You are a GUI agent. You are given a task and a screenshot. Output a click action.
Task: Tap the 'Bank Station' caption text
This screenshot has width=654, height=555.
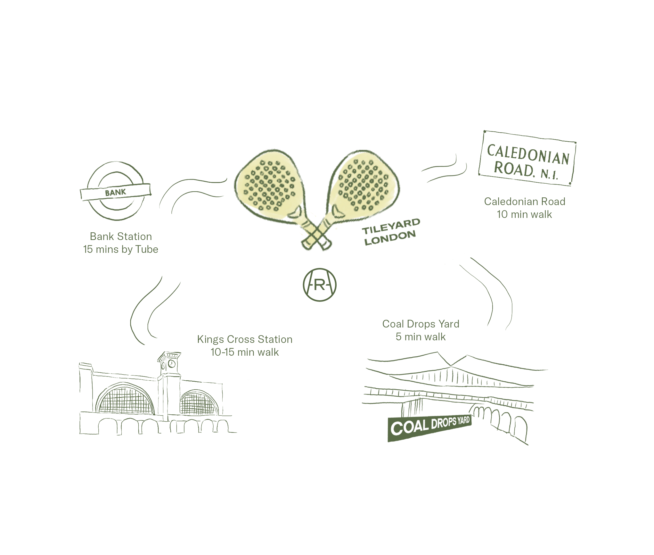pyautogui.click(x=121, y=236)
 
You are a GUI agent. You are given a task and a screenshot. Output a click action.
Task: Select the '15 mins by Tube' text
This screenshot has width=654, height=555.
pyautogui.click(x=121, y=249)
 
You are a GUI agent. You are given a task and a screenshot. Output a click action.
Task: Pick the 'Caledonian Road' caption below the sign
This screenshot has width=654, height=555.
pyautogui.click(x=525, y=202)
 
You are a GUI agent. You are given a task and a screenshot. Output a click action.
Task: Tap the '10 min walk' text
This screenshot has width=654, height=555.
pyautogui.click(x=525, y=214)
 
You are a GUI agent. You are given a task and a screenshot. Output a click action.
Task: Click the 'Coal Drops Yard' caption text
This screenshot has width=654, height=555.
pyautogui.click(x=421, y=324)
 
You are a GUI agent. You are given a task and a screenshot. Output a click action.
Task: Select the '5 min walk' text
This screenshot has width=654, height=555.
pyautogui.click(x=421, y=337)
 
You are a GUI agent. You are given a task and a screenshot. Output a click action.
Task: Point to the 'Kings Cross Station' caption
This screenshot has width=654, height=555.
pyautogui.click(x=245, y=339)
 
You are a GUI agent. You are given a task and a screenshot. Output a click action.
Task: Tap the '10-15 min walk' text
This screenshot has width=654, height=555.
pyautogui.click(x=245, y=352)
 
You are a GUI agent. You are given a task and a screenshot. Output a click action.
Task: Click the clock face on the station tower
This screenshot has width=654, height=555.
pyautogui.click(x=172, y=364)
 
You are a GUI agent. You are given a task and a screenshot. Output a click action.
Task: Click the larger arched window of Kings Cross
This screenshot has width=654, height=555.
pyautogui.click(x=126, y=401)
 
